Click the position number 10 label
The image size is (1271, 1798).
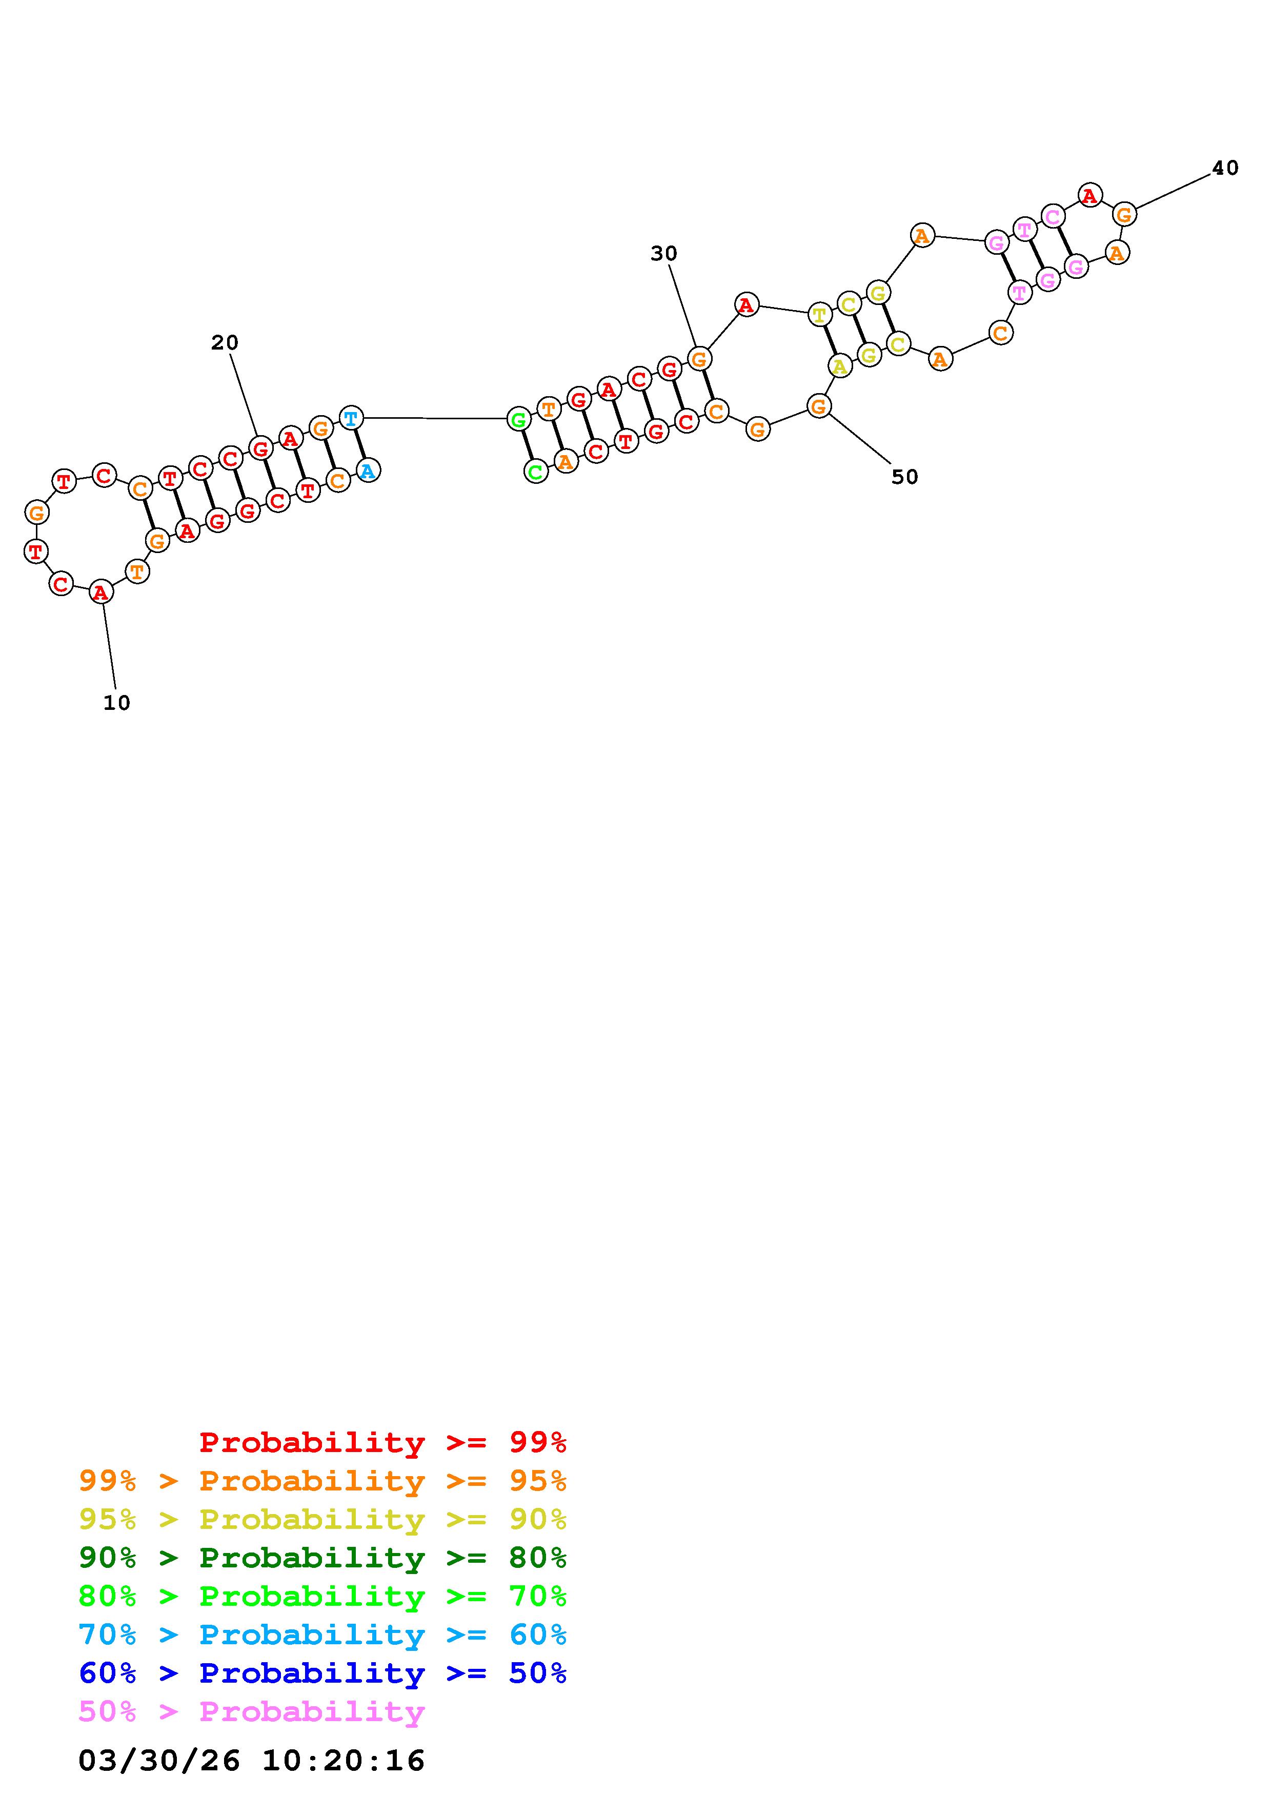click(x=117, y=703)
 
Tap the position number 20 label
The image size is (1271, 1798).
click(x=225, y=342)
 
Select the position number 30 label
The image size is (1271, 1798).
click(x=664, y=253)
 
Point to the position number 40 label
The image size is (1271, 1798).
click(x=1225, y=168)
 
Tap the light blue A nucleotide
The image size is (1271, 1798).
click(x=368, y=471)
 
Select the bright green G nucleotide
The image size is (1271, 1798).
click(x=518, y=420)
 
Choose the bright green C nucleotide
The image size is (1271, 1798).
click(x=536, y=472)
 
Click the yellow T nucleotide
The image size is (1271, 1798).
click(x=819, y=315)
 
